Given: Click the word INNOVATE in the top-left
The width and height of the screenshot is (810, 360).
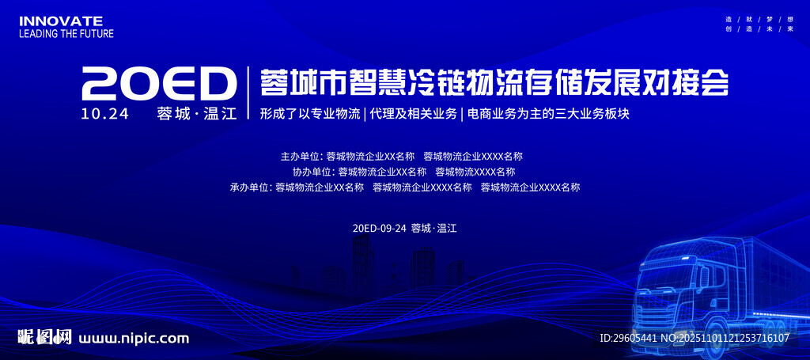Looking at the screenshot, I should coord(60,21).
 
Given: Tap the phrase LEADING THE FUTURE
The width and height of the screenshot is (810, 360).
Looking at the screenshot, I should coord(66,34).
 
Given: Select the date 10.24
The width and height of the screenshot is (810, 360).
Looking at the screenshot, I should coord(104,114).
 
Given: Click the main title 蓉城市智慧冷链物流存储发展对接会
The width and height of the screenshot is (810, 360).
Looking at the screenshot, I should coord(494,81).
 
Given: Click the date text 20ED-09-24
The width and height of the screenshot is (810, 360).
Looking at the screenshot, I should coord(379,228).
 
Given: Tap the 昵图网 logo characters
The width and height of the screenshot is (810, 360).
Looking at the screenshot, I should coord(45,338).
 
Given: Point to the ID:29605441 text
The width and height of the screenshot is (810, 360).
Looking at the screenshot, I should coord(629,338).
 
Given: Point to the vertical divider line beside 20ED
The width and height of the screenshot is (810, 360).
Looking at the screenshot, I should coord(249,92).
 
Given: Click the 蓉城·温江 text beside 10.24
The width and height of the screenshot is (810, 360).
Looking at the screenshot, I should coord(197,114).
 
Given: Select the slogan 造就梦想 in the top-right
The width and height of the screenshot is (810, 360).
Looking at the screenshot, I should coord(759,18).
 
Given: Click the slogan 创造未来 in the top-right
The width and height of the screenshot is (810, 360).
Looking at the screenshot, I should coord(759,28).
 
